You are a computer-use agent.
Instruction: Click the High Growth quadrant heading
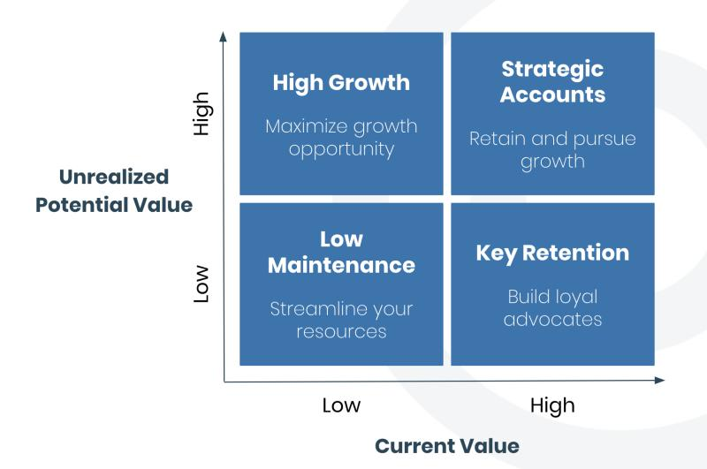(x=341, y=83)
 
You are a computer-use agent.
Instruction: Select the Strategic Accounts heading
(x=552, y=82)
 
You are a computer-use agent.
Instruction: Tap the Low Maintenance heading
(x=341, y=253)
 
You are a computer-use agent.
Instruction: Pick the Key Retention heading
(x=552, y=253)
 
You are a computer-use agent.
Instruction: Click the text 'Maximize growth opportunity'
(x=341, y=138)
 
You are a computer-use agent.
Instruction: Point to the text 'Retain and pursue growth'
(x=552, y=150)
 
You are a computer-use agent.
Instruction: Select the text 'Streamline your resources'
(x=341, y=320)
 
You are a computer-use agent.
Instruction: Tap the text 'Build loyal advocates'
(x=552, y=308)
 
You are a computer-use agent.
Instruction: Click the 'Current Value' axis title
(x=447, y=446)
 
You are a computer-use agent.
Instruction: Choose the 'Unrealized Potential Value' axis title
(x=114, y=191)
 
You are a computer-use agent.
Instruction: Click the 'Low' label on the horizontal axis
(x=341, y=405)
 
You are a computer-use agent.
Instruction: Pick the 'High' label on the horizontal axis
(x=552, y=406)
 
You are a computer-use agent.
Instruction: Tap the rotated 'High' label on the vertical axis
(x=201, y=114)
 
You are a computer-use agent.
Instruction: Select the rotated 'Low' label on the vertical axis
(x=201, y=284)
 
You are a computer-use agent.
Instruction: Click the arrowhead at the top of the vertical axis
(x=223, y=36)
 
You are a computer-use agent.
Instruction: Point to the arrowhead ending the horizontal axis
(x=659, y=381)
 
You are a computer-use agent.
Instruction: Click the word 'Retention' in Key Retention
(x=576, y=253)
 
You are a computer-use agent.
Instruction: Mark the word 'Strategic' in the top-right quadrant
(x=552, y=70)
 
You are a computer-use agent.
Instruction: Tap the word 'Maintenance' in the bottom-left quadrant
(x=341, y=265)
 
